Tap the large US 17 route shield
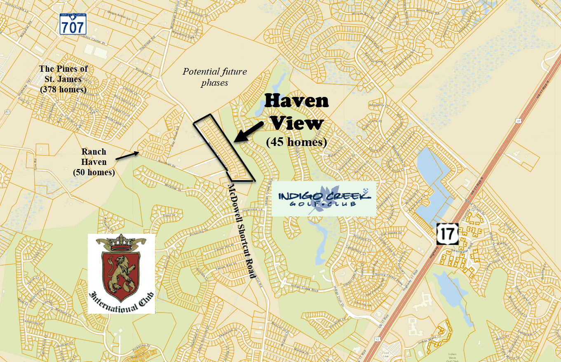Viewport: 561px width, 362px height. [x=447, y=234]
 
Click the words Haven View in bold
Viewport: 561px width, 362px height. [x=296, y=112]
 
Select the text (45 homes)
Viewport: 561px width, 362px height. [x=296, y=142]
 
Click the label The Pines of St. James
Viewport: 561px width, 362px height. [x=63, y=73]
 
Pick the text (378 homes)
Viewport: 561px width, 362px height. [x=63, y=89]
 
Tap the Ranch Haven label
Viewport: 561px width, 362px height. [x=94, y=157]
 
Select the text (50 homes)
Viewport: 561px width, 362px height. [x=94, y=172]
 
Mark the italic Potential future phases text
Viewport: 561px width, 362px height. [x=215, y=77]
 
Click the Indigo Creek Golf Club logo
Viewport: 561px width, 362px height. [x=324, y=199]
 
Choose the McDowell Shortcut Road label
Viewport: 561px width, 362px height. [x=240, y=231]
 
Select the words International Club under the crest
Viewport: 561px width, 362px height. [x=121, y=302]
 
